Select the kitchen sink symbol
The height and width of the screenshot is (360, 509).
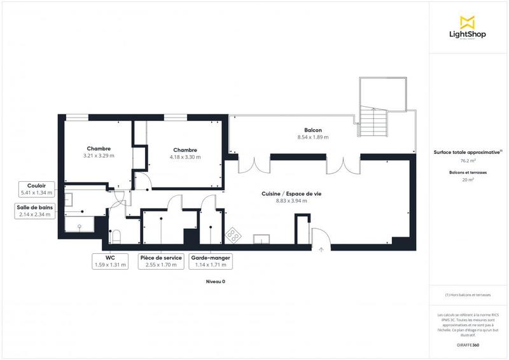click(x=261, y=239)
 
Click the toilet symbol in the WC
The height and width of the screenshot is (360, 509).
click(x=115, y=237)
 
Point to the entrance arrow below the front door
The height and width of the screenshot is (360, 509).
click(x=321, y=249)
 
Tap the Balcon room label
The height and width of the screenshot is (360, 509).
click(x=313, y=130)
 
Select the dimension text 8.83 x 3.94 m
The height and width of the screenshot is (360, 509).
click(x=291, y=201)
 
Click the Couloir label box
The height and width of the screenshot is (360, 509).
click(x=37, y=188)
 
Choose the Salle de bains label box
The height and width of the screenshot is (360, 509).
click(x=34, y=211)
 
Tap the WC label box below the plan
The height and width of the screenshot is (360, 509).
click(x=109, y=261)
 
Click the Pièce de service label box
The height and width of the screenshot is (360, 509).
click(x=161, y=261)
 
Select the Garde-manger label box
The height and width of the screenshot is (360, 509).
click(x=210, y=261)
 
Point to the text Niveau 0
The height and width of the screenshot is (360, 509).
click(x=215, y=281)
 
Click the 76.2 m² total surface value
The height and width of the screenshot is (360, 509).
click(x=468, y=161)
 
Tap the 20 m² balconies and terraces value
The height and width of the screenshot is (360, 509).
click(x=468, y=179)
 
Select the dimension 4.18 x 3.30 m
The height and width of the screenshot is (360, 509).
click(x=185, y=156)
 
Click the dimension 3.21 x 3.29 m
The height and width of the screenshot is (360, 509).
click(x=99, y=155)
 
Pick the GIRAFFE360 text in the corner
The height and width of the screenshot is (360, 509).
click(x=468, y=344)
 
